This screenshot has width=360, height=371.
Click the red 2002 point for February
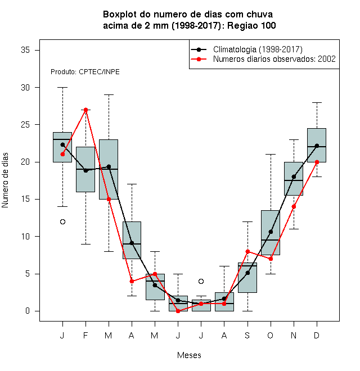(x=85, y=110)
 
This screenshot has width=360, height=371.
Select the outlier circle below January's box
(x=62, y=221)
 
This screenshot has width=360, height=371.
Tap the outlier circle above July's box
(x=201, y=281)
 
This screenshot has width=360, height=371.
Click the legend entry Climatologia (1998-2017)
(x=258, y=49)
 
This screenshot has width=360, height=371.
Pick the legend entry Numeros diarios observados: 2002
(x=274, y=59)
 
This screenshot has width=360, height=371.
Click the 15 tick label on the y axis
(x=25, y=199)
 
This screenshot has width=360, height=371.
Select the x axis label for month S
(x=247, y=335)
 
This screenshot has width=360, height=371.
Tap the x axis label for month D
(x=317, y=335)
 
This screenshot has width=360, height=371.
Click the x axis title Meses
(x=189, y=355)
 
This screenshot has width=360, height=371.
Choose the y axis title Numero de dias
(x=5, y=180)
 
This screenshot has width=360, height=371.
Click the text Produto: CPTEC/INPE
(x=85, y=72)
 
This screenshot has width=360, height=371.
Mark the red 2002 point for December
(x=317, y=162)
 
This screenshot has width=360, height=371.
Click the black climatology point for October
(x=271, y=232)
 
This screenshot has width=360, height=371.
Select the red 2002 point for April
(x=132, y=281)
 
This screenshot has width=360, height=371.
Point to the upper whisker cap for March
(x=109, y=94)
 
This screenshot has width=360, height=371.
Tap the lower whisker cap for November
(x=294, y=229)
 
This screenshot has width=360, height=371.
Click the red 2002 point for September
(x=247, y=251)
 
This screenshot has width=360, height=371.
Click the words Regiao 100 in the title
(x=251, y=25)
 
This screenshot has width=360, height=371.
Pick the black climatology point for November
(x=294, y=177)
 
